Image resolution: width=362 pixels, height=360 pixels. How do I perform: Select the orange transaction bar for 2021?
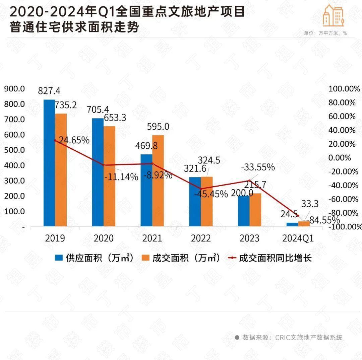point(158,181)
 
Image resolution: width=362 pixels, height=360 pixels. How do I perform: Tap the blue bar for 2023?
point(244,211)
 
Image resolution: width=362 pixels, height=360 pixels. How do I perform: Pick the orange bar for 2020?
point(109,176)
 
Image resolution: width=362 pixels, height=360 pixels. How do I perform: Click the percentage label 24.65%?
point(74,140)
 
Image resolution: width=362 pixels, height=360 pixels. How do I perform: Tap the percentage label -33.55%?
point(258,167)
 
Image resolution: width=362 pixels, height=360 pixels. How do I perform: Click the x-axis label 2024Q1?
point(298,238)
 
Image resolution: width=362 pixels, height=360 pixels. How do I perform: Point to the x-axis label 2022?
point(201,238)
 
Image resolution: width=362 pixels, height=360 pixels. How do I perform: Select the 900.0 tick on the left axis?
point(14,89)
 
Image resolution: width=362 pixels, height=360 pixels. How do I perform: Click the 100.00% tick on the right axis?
point(342,89)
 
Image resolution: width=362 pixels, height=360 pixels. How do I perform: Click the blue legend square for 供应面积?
point(59,258)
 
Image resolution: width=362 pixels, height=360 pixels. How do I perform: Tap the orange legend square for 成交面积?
point(146,258)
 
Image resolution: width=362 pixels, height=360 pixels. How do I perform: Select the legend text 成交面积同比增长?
point(275,258)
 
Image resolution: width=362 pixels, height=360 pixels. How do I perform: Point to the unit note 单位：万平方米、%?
point(325,33)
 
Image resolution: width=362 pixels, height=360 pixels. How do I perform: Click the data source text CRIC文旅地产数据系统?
point(309,337)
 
